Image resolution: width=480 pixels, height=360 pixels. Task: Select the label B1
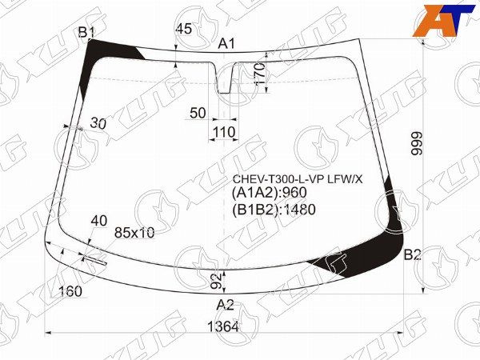pyautogui.click(x=86, y=32)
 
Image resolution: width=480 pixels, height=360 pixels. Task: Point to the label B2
pyautogui.click(x=412, y=255)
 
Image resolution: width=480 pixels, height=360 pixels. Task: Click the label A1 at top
pyautogui.click(x=227, y=44)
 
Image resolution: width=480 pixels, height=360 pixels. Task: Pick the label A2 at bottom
pyautogui.click(x=226, y=304)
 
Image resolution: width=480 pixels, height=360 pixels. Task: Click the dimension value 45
pyautogui.click(x=183, y=29)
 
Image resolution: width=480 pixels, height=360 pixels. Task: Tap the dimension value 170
pyautogui.click(x=258, y=76)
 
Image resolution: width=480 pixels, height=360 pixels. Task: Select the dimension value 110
pyautogui.click(x=225, y=132)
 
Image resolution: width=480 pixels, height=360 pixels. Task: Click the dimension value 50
pyautogui.click(x=198, y=114)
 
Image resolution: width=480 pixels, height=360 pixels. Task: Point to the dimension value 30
pyautogui.click(x=99, y=123)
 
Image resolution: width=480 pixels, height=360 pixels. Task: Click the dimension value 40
pyautogui.click(x=99, y=220)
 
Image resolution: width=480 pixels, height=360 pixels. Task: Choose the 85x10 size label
pyautogui.click(x=134, y=233)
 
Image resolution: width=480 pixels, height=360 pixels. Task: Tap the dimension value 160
pyautogui.click(x=70, y=291)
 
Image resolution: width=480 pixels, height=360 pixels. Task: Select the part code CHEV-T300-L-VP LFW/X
pyautogui.click(x=296, y=178)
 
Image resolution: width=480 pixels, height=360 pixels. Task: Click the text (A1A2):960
pyautogui.click(x=269, y=193)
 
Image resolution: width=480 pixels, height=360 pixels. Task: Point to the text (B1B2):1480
pyautogui.click(x=274, y=210)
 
